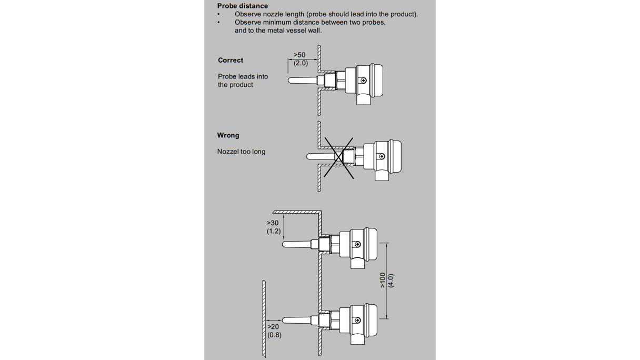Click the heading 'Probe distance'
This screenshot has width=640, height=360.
tap(242, 6)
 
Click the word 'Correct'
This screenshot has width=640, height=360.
tap(231, 60)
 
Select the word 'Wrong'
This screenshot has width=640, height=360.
tap(228, 135)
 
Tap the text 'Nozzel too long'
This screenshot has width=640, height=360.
tap(241, 152)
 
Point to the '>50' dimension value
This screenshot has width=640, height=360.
tap(299, 55)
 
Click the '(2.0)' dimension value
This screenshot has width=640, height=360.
tap(301, 63)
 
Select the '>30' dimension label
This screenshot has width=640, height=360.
tap(273, 223)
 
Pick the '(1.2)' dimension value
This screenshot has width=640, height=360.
tap(274, 231)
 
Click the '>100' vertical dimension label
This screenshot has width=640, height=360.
tap(383, 280)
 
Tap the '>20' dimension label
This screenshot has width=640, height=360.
tap(273, 327)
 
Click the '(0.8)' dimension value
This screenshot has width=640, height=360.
tap(274, 335)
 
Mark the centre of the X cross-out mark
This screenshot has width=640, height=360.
tap(338, 157)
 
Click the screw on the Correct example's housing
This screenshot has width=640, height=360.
tap(363, 81)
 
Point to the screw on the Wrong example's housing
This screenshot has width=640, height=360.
tap(382, 156)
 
